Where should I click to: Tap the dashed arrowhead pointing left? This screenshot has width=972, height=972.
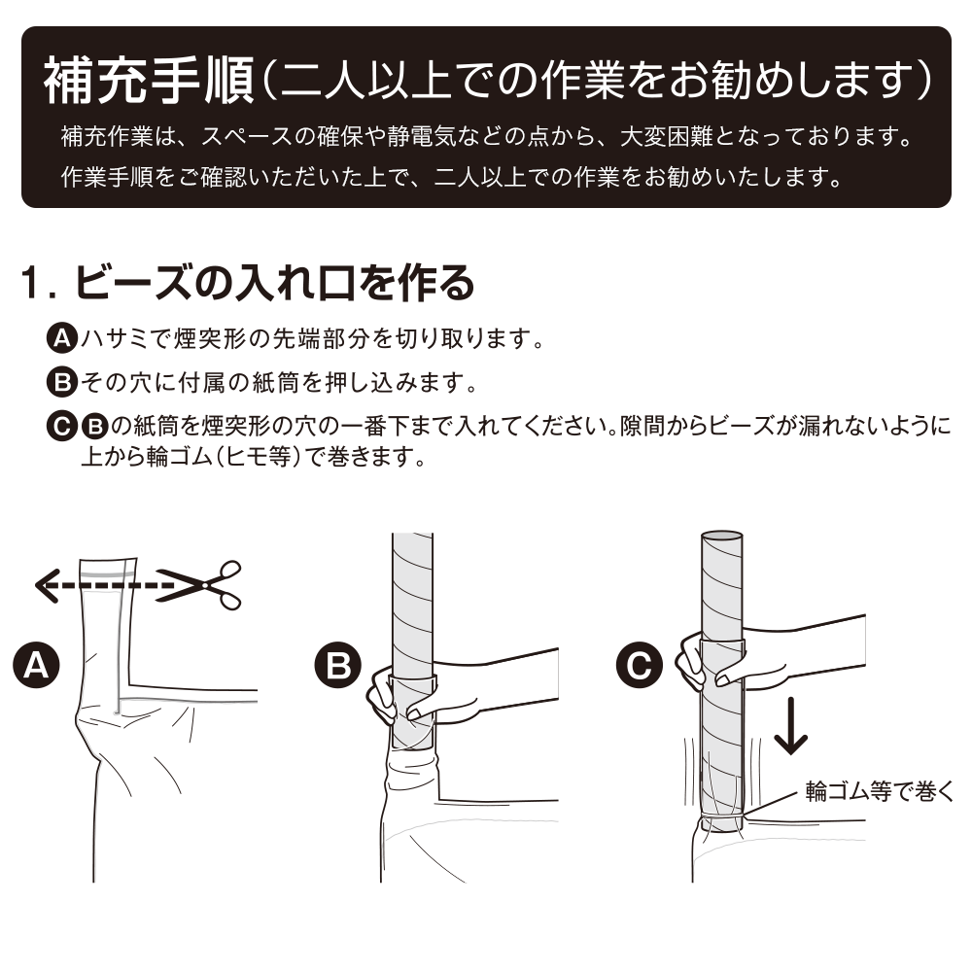(46, 586)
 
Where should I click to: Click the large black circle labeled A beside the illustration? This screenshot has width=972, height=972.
(36, 665)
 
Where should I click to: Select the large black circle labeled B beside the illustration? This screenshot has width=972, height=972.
(338, 665)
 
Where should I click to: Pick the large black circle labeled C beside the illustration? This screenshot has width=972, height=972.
(640, 665)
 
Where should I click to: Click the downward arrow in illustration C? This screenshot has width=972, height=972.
(790, 725)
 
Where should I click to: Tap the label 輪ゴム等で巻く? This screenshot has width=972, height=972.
(879, 791)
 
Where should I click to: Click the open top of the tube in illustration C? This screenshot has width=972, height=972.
(721, 537)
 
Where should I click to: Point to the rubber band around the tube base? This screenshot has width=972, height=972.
(721, 817)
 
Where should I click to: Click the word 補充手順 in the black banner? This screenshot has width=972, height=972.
(149, 81)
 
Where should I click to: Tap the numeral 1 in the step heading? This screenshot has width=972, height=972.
(30, 283)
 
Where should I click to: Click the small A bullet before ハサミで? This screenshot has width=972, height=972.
(62, 338)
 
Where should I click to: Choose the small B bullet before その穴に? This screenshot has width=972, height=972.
(62, 382)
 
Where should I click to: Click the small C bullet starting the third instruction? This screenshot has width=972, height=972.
(62, 427)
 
